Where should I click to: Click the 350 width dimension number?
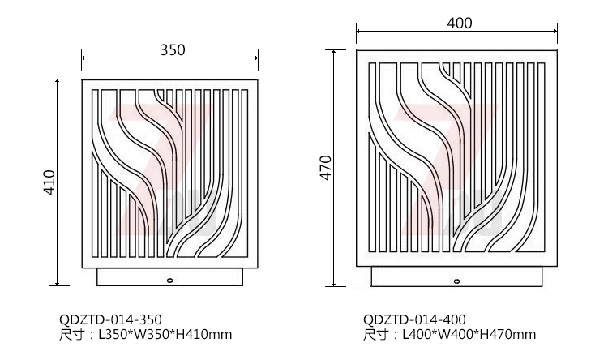[x=173, y=49]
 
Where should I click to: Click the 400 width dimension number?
[x=459, y=24]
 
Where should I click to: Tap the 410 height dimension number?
[x=50, y=182]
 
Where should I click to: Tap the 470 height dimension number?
[x=326, y=168]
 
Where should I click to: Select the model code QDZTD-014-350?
[x=110, y=319]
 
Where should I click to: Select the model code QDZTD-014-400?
[x=414, y=319]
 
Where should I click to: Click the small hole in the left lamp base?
[x=170, y=280]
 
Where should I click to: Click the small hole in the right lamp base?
[x=457, y=281]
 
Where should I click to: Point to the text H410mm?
[x=204, y=334]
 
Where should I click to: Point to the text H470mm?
[x=508, y=334]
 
